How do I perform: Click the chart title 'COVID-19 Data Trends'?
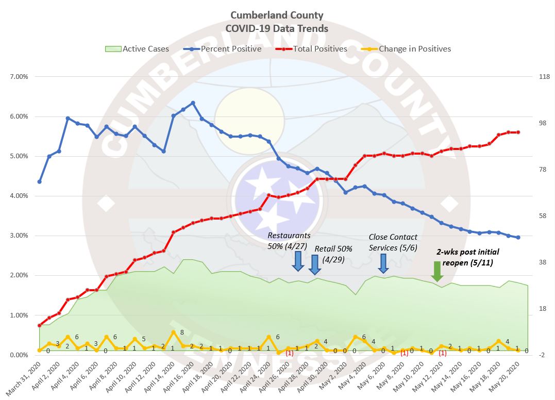tap(277, 28)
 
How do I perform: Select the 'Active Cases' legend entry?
tap(137, 49)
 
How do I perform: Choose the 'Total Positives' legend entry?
tap(312, 49)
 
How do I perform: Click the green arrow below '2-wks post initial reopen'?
tap(437, 271)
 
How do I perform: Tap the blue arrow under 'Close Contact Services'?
tap(383, 263)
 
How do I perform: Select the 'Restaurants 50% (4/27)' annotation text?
tap(289, 240)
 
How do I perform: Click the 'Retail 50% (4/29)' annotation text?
tap(333, 253)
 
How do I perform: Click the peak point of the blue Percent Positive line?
tap(193, 103)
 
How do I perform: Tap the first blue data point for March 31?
tap(39, 181)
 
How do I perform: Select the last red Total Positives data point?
tap(518, 132)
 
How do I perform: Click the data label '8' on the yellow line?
tap(182, 332)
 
